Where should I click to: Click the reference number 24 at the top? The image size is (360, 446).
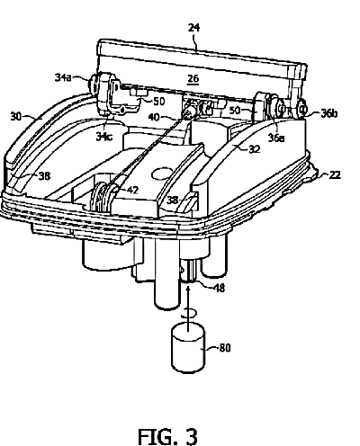[x=193, y=28]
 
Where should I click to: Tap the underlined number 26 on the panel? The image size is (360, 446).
[x=193, y=78]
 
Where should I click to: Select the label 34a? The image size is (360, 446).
[x=63, y=77]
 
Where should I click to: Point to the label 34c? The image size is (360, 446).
[x=104, y=137]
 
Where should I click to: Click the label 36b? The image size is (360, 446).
[x=329, y=113]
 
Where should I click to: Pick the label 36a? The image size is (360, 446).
[x=276, y=138]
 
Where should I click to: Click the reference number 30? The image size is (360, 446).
[x=16, y=116]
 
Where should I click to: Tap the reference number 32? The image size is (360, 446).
[x=255, y=149]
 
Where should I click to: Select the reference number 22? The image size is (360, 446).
[x=335, y=174]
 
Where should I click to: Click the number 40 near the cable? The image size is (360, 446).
[x=154, y=117]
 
